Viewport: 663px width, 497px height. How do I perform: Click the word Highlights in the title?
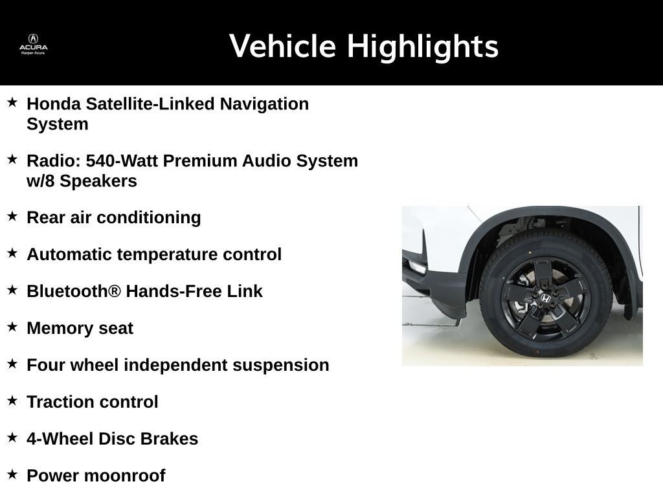422,47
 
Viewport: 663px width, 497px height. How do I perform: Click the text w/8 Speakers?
82,181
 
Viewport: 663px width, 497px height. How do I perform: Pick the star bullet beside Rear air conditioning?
12,216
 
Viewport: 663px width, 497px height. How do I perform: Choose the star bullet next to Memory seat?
12,327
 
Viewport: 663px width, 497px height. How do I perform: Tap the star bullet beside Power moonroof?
12,474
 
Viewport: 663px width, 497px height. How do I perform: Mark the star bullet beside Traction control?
12,401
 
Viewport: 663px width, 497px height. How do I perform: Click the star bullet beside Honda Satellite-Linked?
12,102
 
